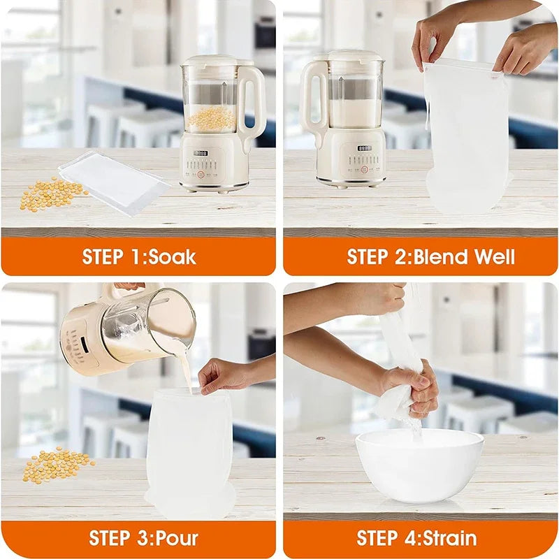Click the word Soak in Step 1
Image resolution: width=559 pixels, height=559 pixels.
(x=172, y=256)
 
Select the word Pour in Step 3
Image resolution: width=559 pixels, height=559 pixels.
(x=177, y=538)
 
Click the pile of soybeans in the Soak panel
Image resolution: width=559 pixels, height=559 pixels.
(x=52, y=193)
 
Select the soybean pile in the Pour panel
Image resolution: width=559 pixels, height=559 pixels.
(x=57, y=464)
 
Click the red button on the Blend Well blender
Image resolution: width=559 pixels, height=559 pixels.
(x=364, y=169)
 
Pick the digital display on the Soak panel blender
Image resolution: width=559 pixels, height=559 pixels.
(x=201, y=153)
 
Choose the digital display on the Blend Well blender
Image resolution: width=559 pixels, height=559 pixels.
(x=365, y=148)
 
